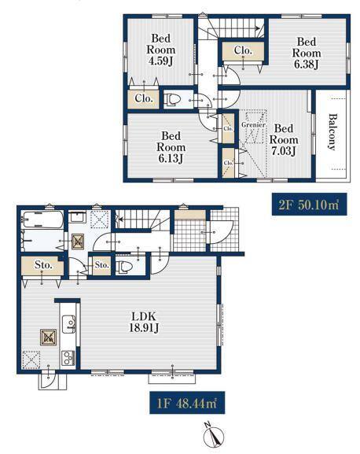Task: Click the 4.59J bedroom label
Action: click(161, 50)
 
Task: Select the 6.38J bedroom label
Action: click(307, 53)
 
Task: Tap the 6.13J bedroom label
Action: click(171, 147)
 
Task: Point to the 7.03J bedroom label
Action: click(284, 139)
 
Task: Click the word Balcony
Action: click(333, 132)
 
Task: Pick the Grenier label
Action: click(253, 125)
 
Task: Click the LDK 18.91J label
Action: click(144, 322)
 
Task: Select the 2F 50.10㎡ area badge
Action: click(309, 205)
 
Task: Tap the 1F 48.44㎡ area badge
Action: click(187, 403)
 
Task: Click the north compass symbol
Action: click(214, 435)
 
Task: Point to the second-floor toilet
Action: click(173, 100)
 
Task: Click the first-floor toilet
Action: click(123, 266)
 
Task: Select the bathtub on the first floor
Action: click(42, 220)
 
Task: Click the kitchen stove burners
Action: click(68, 358)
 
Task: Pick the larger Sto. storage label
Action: click(43, 265)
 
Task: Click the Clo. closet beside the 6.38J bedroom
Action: click(243, 50)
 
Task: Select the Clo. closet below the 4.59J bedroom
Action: click(144, 98)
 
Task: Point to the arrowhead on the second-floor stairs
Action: click(257, 28)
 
